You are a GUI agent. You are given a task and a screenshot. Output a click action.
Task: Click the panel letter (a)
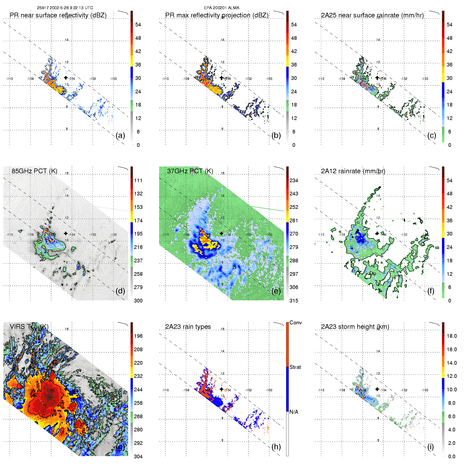[120, 136]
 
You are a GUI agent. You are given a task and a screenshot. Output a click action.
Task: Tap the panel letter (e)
[276, 291]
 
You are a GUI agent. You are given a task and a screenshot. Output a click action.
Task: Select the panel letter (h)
[276, 447]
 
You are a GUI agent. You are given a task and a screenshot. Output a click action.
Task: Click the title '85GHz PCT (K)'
[34, 171]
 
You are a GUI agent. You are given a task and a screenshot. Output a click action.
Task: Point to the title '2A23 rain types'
[188, 327]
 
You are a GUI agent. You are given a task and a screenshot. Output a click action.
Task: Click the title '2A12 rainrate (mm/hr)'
[353, 171]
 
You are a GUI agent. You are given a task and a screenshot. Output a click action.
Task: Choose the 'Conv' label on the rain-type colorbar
[296, 322]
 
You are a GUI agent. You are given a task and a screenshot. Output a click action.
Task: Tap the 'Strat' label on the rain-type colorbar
[295, 367]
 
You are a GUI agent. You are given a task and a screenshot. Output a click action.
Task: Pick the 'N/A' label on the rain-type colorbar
[294, 412]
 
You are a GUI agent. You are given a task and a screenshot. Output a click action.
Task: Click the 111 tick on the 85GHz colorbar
[138, 180]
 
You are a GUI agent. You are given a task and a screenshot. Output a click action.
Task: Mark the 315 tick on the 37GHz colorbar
[294, 301]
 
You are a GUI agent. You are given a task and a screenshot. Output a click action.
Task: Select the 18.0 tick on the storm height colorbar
[452, 336]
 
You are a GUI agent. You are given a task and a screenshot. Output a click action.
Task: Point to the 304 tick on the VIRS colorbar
[138, 456]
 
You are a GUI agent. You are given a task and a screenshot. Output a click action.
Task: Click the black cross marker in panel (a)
[66, 78]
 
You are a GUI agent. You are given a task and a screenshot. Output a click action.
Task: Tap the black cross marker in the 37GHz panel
[222, 233]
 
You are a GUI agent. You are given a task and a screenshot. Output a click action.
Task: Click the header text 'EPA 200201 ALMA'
[222, 8]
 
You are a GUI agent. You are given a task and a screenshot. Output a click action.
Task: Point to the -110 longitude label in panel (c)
[321, 79]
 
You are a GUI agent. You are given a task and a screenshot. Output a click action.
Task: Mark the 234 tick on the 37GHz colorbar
[294, 180]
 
